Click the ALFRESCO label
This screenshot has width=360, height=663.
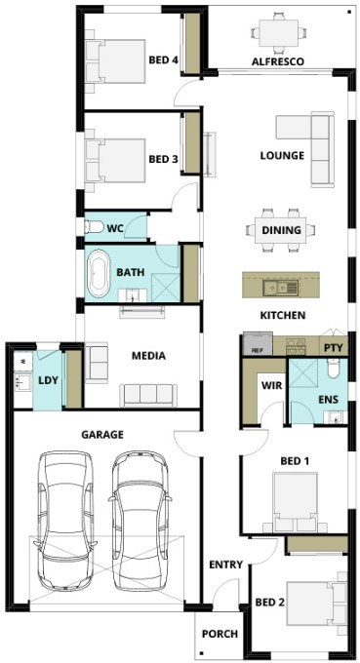point(277,61)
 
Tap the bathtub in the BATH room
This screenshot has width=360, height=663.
point(99,274)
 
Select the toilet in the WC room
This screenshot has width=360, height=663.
point(94,227)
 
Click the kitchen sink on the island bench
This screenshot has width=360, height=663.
point(280,288)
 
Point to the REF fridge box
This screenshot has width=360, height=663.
point(258,343)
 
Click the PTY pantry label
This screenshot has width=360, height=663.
point(333,349)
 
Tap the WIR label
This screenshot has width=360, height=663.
point(271,386)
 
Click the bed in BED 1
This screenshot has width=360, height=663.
point(296,502)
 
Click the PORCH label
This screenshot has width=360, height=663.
point(220,634)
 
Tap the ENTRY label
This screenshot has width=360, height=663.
point(226,565)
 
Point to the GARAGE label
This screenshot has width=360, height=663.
point(102,434)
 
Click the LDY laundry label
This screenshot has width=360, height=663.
point(48,380)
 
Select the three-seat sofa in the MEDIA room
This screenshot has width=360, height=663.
point(148,395)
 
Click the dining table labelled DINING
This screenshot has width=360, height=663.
point(281,230)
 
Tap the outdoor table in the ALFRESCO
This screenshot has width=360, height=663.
point(278,32)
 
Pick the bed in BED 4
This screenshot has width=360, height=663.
point(115,61)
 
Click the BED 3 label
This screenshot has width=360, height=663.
point(163,159)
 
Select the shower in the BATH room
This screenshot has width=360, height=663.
point(166,288)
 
